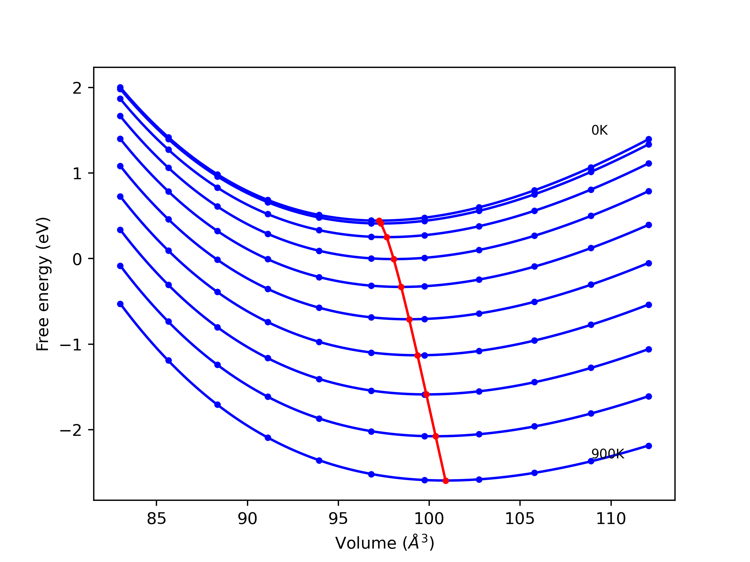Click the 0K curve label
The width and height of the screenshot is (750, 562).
tap(599, 131)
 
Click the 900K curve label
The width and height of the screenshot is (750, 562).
tap(608, 454)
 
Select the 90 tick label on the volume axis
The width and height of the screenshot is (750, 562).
tap(247, 519)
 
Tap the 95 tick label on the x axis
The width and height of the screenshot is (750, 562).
tap(338, 519)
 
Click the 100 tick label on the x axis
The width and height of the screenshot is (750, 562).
tap(429, 519)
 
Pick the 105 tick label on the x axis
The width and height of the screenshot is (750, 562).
tap(520, 519)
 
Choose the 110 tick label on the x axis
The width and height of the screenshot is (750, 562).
tap(611, 519)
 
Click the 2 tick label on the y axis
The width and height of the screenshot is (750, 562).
tap(77, 88)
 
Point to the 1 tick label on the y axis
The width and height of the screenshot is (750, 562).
tap(77, 174)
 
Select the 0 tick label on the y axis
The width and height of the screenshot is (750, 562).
tap(77, 260)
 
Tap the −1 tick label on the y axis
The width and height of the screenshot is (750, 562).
tap(71, 345)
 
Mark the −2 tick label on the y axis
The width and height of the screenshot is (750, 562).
tap(71, 430)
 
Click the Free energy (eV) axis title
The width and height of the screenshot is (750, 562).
tap(43, 284)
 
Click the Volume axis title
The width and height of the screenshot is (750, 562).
tap(384, 543)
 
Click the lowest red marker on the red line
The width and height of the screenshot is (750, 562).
tap(446, 481)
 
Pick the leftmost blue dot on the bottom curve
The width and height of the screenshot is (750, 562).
tap(120, 304)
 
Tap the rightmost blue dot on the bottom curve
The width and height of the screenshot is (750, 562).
tap(649, 446)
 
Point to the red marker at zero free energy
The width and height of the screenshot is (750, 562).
tap(394, 259)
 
